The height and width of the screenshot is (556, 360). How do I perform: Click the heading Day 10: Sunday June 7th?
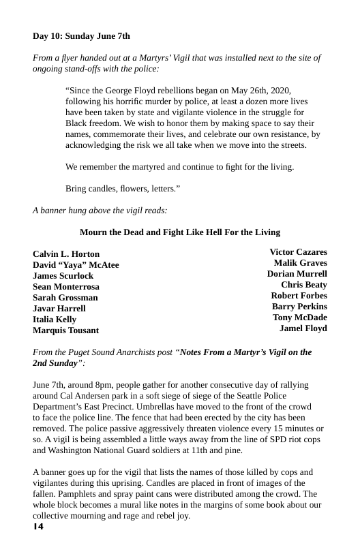[x=81, y=35]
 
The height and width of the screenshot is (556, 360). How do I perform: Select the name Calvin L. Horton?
[x=66, y=254]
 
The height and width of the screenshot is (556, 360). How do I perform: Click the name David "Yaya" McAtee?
[x=76, y=265]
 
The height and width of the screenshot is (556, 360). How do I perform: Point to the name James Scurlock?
[x=63, y=276]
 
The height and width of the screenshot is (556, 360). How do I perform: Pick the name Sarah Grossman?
[x=65, y=298]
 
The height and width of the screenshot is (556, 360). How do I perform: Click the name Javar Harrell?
[x=59, y=309]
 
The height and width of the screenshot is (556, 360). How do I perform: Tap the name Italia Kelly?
[x=55, y=320]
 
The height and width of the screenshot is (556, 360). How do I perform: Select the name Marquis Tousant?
[x=65, y=330]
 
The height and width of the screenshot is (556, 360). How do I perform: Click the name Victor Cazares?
[x=298, y=252]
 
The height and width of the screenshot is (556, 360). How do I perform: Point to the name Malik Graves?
[x=300, y=263]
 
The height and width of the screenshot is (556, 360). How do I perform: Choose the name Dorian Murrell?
[x=297, y=274]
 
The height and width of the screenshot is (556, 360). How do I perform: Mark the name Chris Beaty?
[x=304, y=285]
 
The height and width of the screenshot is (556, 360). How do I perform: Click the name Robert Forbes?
[x=299, y=296]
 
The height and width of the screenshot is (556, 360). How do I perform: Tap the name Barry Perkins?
[x=299, y=307]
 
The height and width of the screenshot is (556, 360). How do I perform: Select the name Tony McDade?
[x=300, y=318]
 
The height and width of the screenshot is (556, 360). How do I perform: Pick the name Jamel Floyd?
[x=303, y=328]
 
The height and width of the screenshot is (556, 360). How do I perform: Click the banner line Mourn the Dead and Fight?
[x=180, y=232]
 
